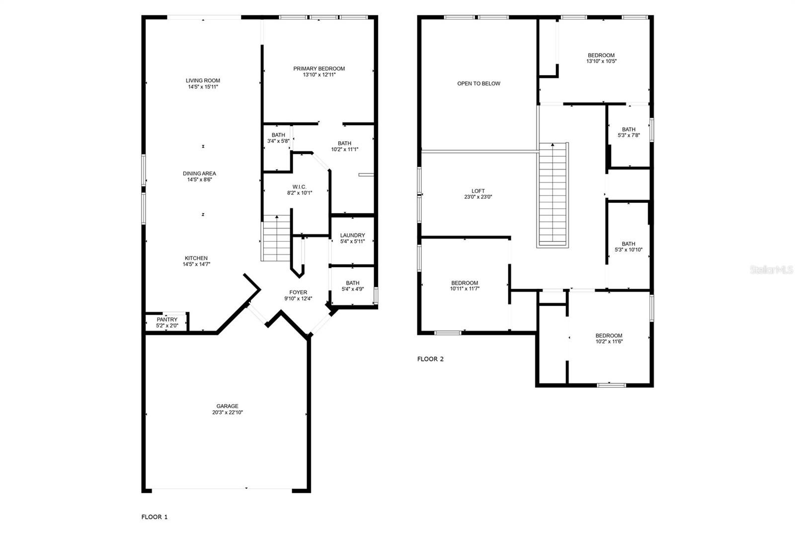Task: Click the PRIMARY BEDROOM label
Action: (x=318, y=69)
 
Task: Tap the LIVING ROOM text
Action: (x=203, y=81)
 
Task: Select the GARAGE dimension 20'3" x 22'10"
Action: (x=227, y=412)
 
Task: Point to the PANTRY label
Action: (x=167, y=320)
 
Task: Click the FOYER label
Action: (x=298, y=292)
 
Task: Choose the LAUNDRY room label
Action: (x=352, y=235)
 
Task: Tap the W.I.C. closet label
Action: (x=299, y=187)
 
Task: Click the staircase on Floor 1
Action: (x=276, y=238)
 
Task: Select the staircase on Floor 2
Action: (x=553, y=195)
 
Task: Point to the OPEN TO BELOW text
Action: (x=478, y=84)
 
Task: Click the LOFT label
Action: (x=477, y=190)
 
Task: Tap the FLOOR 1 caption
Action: (x=154, y=517)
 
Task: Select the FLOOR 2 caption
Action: (x=430, y=359)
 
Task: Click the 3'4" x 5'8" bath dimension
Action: (x=278, y=141)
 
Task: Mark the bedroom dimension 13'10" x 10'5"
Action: (x=601, y=61)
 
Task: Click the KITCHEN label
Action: (x=196, y=258)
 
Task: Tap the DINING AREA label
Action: (x=199, y=173)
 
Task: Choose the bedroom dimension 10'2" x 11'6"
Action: (x=609, y=342)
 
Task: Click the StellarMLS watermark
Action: (x=772, y=270)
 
